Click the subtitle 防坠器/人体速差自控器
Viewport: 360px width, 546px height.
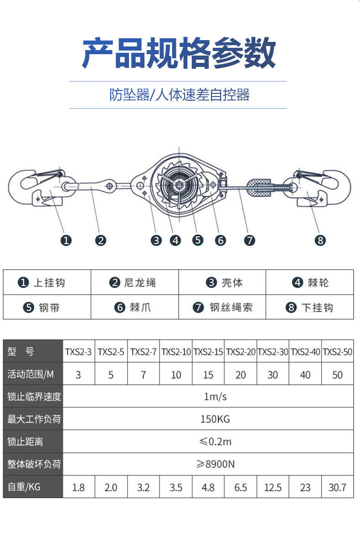coord(179,95)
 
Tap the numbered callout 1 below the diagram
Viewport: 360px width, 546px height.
coord(67,240)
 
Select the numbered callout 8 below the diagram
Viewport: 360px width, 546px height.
coord(320,240)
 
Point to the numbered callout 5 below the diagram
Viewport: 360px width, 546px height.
coord(197,240)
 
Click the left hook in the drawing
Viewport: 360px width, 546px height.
coord(32,188)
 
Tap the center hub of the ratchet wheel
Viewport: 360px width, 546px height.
coord(180,185)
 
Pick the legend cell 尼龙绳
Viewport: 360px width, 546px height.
coord(134,283)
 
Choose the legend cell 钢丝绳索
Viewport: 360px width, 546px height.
coord(222,307)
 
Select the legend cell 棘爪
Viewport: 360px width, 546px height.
coord(134,307)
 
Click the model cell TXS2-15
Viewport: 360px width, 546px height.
coord(208,352)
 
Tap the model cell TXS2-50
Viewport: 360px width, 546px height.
coord(338,352)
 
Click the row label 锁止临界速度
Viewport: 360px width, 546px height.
coord(34,396)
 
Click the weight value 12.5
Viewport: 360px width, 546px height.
coord(273,487)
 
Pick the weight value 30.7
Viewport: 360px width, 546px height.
coord(338,487)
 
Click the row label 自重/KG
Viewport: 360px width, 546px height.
coord(24,487)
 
